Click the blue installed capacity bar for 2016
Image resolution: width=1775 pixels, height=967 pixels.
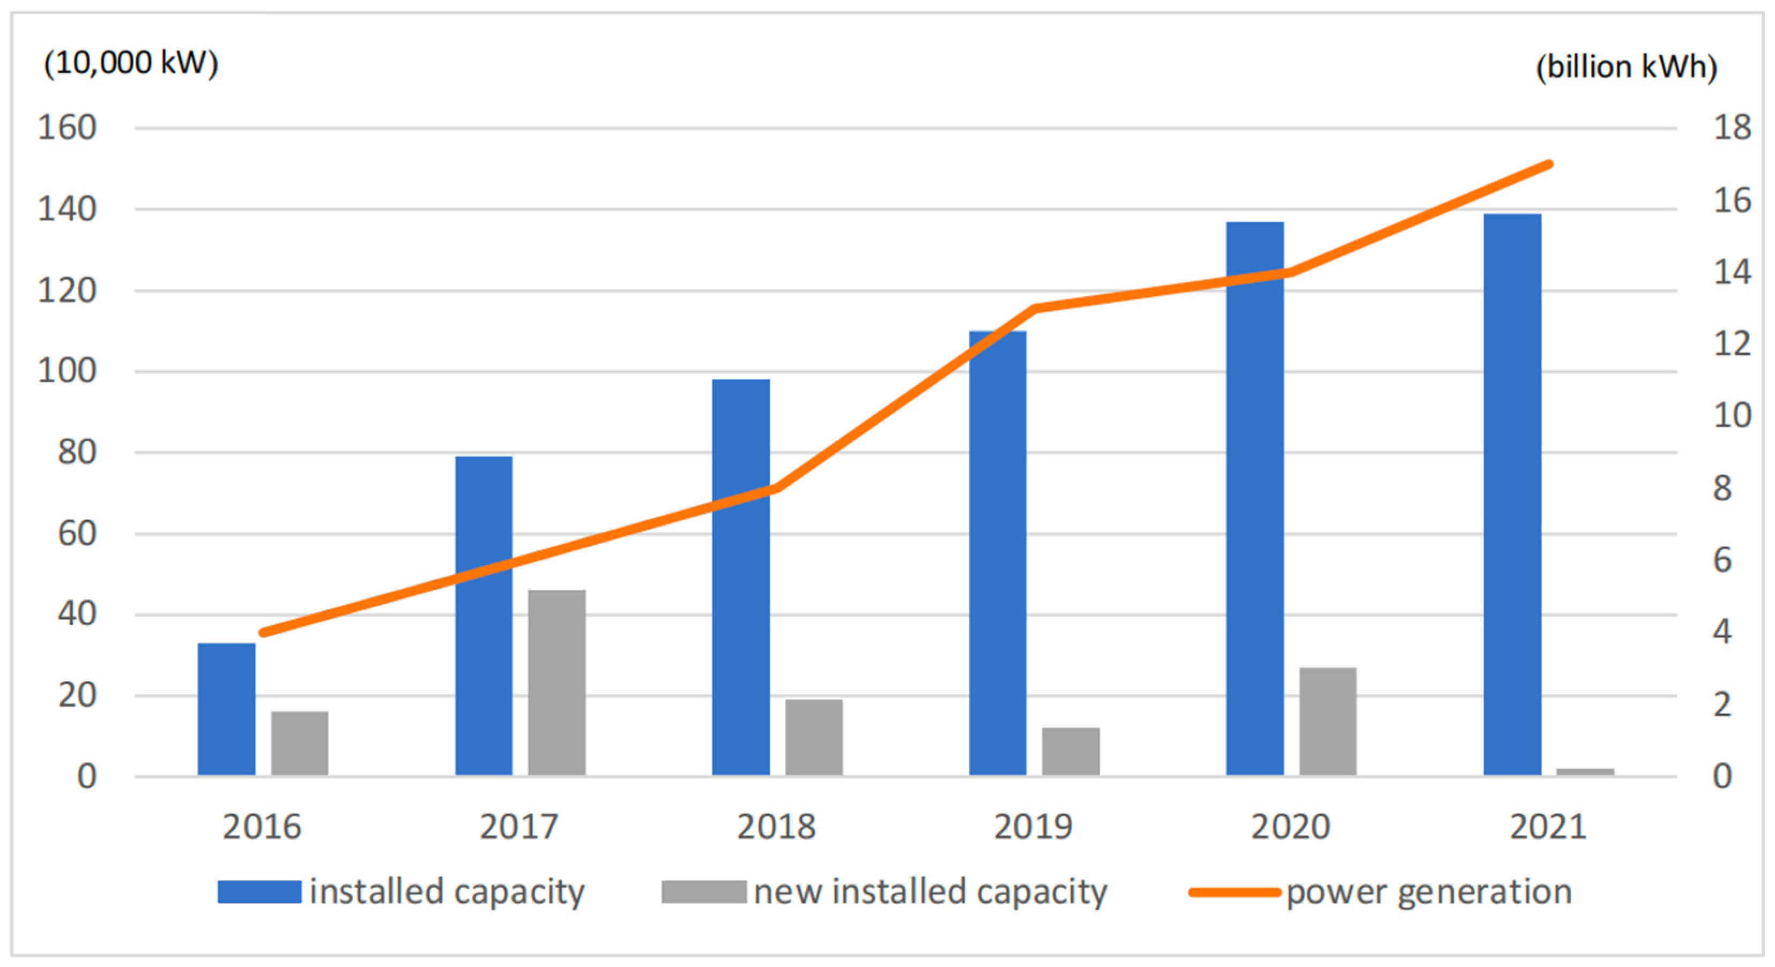point(226,709)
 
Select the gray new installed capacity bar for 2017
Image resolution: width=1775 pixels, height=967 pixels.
point(557,683)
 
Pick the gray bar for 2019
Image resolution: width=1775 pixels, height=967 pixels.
point(1071,752)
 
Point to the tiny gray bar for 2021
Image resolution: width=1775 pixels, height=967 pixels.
point(1585,772)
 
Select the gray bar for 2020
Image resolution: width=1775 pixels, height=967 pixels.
point(1328,721)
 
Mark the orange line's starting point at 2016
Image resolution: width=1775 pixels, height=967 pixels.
point(263,632)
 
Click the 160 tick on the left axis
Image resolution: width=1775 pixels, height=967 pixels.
point(67,128)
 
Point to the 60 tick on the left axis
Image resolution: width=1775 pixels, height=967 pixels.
point(77,534)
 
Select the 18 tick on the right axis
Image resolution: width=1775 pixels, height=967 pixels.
point(1732,128)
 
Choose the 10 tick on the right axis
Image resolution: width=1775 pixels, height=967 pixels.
point(1732,415)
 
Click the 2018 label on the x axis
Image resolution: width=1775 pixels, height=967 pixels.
point(776,827)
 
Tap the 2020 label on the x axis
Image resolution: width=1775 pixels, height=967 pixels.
point(1290,827)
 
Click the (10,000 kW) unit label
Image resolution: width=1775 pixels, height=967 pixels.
point(131,63)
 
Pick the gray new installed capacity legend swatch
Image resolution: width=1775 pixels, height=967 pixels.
point(703,892)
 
